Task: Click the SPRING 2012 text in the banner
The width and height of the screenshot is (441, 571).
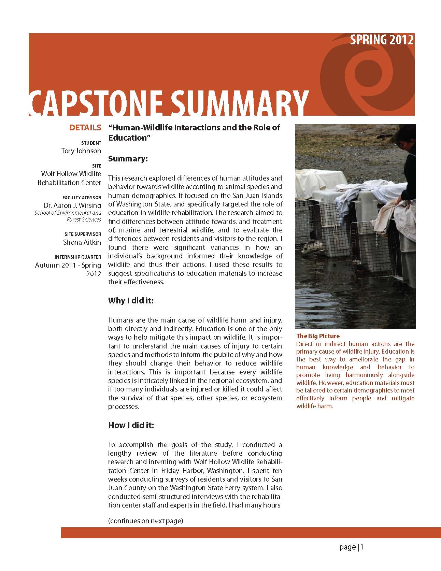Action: pyautogui.click(x=382, y=40)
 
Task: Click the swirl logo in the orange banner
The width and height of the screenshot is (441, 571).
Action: pyautogui.click(x=369, y=75)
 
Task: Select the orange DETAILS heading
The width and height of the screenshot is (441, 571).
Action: pyautogui.click(x=85, y=128)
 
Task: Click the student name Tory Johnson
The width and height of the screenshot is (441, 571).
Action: pyautogui.click(x=81, y=151)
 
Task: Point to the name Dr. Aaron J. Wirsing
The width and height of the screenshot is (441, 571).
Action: pyautogui.click(x=72, y=205)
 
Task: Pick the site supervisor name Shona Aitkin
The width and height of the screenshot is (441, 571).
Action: pyautogui.click(x=82, y=242)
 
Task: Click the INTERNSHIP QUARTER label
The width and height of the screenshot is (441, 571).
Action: pyautogui.click(x=78, y=257)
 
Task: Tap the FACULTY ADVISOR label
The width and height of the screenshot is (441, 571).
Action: pyautogui.click(x=82, y=198)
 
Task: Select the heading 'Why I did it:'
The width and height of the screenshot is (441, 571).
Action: pyautogui.click(x=131, y=301)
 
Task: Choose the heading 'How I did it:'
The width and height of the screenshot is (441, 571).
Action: pyautogui.click(x=131, y=425)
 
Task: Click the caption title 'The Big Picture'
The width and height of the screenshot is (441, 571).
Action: pyautogui.click(x=318, y=336)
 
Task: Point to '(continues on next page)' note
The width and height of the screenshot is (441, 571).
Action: pyautogui.click(x=146, y=521)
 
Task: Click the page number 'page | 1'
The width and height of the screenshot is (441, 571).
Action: pyautogui.click(x=352, y=547)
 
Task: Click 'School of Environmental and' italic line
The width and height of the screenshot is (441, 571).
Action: pyautogui.click(x=68, y=213)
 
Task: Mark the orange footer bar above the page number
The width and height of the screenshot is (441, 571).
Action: pyautogui.click(x=251, y=532)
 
